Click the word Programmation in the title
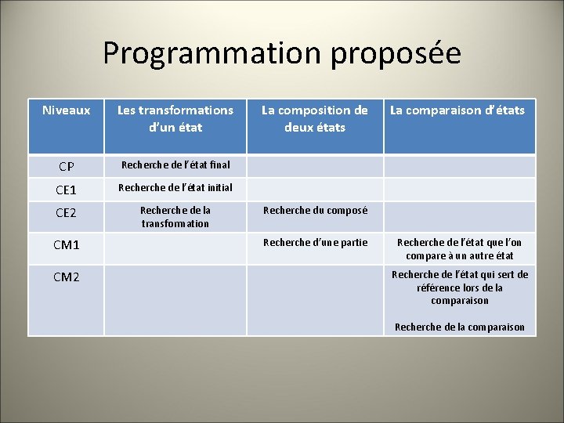click(212, 53)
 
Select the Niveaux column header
click(66, 110)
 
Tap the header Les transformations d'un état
click(175, 118)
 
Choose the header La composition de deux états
click(314, 118)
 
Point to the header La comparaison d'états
click(458, 110)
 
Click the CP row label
click(66, 166)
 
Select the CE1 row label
click(66, 190)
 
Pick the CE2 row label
click(66, 212)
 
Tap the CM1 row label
click(66, 245)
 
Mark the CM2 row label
click(66, 276)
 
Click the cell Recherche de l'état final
click(175, 164)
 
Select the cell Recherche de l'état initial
click(175, 187)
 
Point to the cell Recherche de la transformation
click(175, 217)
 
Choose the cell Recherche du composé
click(315, 210)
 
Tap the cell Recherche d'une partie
click(315, 242)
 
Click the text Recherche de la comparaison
click(460, 327)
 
